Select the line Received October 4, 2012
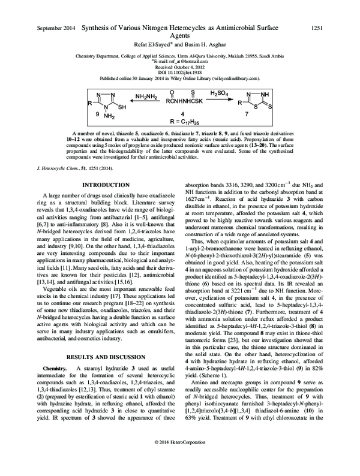click(x=179, y=67)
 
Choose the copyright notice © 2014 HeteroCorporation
click(x=179, y=459)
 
